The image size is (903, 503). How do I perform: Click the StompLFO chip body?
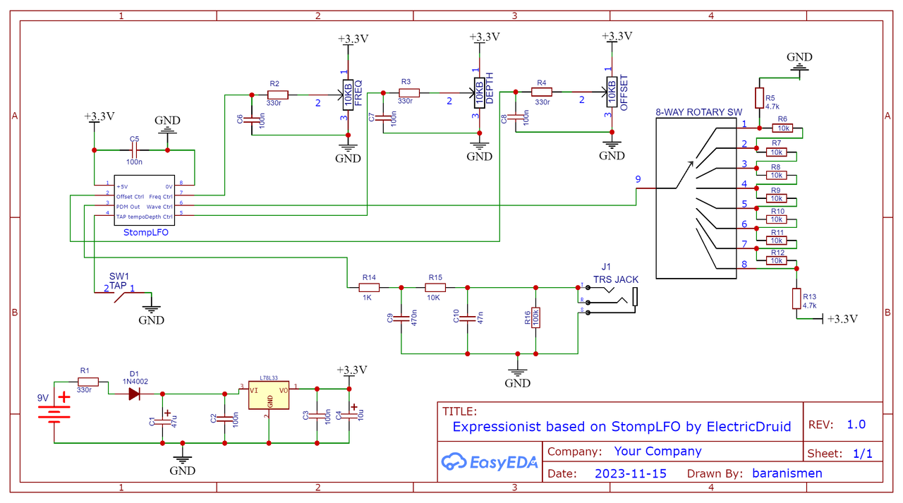pyautogui.click(x=145, y=200)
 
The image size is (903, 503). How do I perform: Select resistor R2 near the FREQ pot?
pyautogui.click(x=278, y=95)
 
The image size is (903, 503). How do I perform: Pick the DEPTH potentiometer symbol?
pyautogui.click(x=479, y=92)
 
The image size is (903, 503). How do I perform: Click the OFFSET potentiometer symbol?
pyautogui.click(x=611, y=92)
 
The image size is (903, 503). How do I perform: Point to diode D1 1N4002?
pyautogui.click(x=135, y=394)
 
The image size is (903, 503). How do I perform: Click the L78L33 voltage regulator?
pyautogui.click(x=269, y=395)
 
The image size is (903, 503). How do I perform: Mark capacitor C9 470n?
pyautogui.click(x=401, y=320)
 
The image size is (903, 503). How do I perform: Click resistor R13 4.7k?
pyautogui.click(x=796, y=298)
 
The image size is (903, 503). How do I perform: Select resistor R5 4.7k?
pyautogui.click(x=759, y=98)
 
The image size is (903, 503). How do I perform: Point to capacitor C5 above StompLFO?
pyautogui.click(x=134, y=150)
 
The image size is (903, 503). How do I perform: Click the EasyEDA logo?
pyautogui.click(x=490, y=463)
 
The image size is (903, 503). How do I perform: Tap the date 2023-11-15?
pyautogui.click(x=631, y=473)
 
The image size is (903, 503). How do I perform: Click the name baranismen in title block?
pyautogui.click(x=787, y=473)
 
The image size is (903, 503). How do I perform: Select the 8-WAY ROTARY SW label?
pyautogui.click(x=698, y=112)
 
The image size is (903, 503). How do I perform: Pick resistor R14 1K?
pyautogui.click(x=370, y=287)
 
